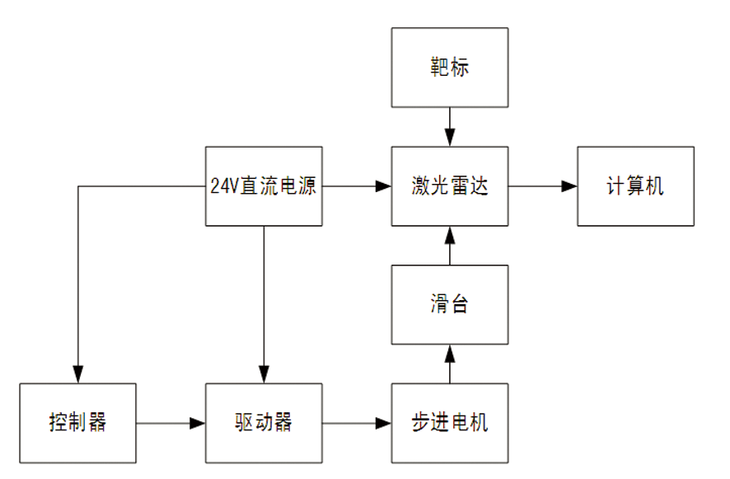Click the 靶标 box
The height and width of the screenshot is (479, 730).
(x=450, y=68)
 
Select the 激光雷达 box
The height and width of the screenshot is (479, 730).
(x=450, y=186)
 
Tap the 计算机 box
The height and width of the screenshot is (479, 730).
(x=635, y=186)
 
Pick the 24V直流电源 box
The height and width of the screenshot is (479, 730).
(x=264, y=186)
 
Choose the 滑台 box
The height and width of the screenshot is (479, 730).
(x=450, y=305)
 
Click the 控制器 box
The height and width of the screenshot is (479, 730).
(x=77, y=423)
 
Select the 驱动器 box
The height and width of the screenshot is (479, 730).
(x=264, y=423)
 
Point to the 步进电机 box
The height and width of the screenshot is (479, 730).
(x=450, y=423)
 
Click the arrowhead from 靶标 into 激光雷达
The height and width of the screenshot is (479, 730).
(x=450, y=138)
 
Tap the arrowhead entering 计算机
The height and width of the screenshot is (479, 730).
(x=569, y=186)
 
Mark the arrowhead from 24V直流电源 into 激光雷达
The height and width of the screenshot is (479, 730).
(x=383, y=186)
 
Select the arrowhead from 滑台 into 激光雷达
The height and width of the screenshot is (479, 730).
(x=450, y=235)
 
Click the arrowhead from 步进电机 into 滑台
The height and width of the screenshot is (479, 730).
(x=450, y=354)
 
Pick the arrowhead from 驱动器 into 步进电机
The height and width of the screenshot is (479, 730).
(x=383, y=423)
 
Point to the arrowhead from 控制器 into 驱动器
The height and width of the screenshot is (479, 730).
(x=197, y=423)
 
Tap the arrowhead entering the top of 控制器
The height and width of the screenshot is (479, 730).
(x=77, y=374)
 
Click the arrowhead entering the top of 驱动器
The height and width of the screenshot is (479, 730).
(x=264, y=374)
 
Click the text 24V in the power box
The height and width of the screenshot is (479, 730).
(x=224, y=186)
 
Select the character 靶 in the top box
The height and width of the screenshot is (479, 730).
(x=439, y=67)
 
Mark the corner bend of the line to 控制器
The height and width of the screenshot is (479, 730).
(x=77, y=186)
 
